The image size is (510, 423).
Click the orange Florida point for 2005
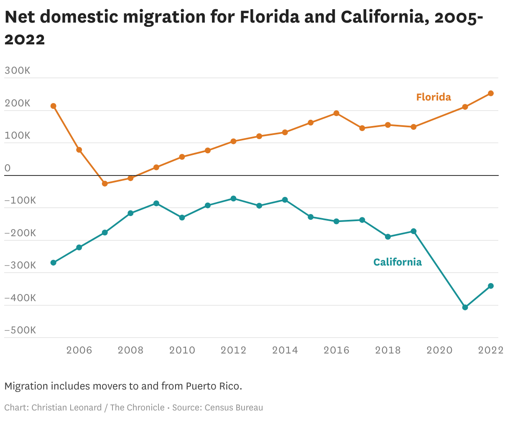(x=53, y=106)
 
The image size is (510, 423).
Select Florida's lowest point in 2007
(x=105, y=183)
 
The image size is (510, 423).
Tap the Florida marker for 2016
(x=336, y=113)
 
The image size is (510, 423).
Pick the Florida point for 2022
(x=491, y=93)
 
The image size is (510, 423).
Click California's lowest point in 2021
(x=465, y=307)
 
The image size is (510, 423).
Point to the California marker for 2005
(x=53, y=263)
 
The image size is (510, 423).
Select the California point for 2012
(x=233, y=199)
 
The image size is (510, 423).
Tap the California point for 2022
(x=491, y=286)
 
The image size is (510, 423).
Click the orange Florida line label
(x=433, y=97)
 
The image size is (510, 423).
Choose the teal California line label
(x=397, y=262)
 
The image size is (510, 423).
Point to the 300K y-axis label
(x=18, y=70)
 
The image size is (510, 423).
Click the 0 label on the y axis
(x=8, y=168)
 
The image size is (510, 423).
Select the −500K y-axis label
(x=20, y=330)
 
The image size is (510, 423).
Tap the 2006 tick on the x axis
(x=79, y=350)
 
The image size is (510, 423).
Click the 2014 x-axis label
(x=285, y=350)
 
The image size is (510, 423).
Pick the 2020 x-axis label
(x=439, y=350)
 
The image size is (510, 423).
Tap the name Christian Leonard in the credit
(x=66, y=408)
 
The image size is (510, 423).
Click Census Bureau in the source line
(x=234, y=408)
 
